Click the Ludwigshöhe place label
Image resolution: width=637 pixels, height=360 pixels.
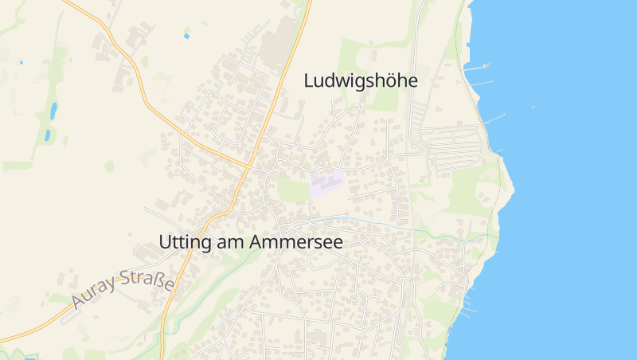[x=361, y=80]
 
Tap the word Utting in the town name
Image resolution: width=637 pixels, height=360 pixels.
[x=184, y=242]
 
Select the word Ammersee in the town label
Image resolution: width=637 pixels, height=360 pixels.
[x=296, y=242]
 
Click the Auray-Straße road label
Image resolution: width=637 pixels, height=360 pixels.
[x=122, y=290]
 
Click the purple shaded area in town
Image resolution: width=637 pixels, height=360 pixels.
[x=326, y=183]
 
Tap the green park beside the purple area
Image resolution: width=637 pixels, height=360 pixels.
[x=292, y=190]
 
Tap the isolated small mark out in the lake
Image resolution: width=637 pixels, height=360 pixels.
[x=533, y=107]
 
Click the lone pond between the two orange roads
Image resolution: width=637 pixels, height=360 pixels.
[x=186, y=36]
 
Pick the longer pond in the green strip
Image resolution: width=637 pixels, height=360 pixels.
[x=53, y=110]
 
